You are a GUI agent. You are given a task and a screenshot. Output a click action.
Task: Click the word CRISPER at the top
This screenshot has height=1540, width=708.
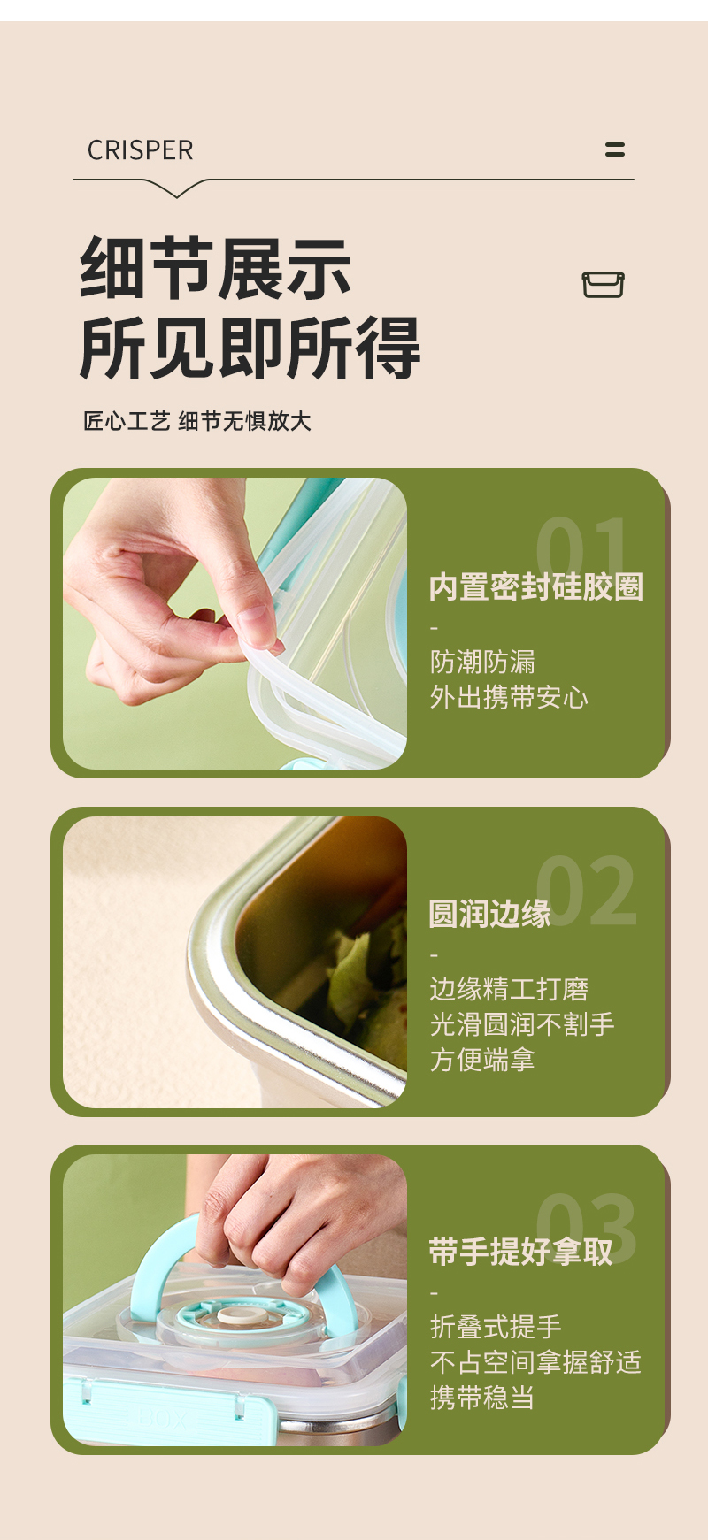[x=140, y=150]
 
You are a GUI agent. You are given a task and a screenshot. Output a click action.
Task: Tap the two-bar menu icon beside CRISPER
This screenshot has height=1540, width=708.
[x=615, y=149]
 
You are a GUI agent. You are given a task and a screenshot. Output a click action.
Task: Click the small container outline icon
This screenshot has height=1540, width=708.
[x=603, y=285]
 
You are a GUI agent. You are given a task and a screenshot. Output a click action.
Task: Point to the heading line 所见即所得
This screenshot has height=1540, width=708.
[x=250, y=348]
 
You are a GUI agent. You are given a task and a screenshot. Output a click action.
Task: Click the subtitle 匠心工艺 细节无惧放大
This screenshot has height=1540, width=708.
[x=196, y=421]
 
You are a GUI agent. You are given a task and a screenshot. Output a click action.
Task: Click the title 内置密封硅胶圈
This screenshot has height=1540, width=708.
[x=535, y=586]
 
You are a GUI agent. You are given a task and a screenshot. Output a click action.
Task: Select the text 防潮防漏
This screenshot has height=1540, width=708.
[x=482, y=662]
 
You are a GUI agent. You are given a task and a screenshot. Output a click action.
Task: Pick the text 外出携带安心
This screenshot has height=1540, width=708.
[x=509, y=697]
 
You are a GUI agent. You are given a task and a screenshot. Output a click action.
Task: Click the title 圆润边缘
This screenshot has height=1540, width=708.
[x=489, y=914]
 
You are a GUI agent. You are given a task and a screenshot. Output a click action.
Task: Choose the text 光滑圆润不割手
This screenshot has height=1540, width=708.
[x=521, y=1024]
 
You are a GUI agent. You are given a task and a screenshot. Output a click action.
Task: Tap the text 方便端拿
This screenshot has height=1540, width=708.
[x=482, y=1059]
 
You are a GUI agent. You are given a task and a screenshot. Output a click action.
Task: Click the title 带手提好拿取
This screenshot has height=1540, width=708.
[x=520, y=1252]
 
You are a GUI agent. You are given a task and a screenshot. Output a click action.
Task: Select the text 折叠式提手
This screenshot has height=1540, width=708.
[x=496, y=1327]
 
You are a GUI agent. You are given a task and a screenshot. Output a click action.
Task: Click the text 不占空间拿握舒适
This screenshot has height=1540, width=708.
[x=535, y=1362]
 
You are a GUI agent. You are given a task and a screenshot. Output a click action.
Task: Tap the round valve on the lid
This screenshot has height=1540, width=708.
[x=236, y=1315]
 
